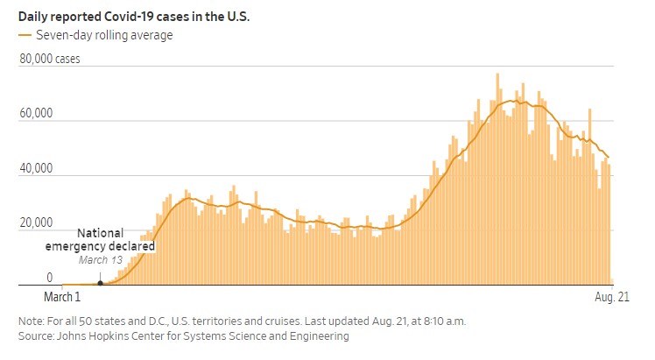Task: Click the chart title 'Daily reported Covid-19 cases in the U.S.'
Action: [x=133, y=17]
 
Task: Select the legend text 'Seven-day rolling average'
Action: [x=103, y=35]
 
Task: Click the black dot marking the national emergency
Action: [x=100, y=282]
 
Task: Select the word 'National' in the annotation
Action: [x=100, y=234]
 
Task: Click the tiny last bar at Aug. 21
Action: [x=611, y=282]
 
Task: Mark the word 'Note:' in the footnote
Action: [x=32, y=321]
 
